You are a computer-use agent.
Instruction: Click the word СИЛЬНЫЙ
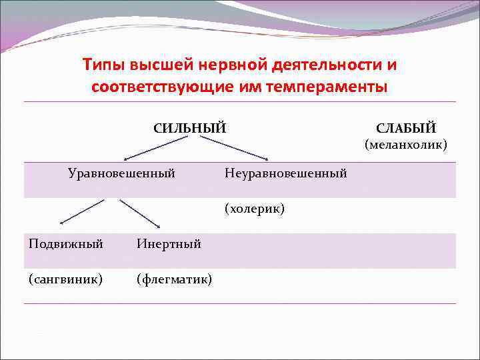click(x=189, y=127)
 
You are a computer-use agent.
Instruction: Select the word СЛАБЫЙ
click(x=405, y=127)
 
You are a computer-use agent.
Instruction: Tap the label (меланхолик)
click(x=405, y=144)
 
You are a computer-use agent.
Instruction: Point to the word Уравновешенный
click(x=121, y=173)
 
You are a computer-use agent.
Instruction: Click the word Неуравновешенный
click(x=285, y=173)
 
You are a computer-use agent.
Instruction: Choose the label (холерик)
click(x=255, y=209)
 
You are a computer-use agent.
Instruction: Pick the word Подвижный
click(x=66, y=243)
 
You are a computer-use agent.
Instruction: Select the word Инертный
click(x=169, y=243)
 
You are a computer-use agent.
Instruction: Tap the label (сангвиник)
click(x=65, y=279)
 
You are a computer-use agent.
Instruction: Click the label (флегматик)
click(x=174, y=279)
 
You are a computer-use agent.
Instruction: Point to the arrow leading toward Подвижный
click(x=83, y=212)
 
